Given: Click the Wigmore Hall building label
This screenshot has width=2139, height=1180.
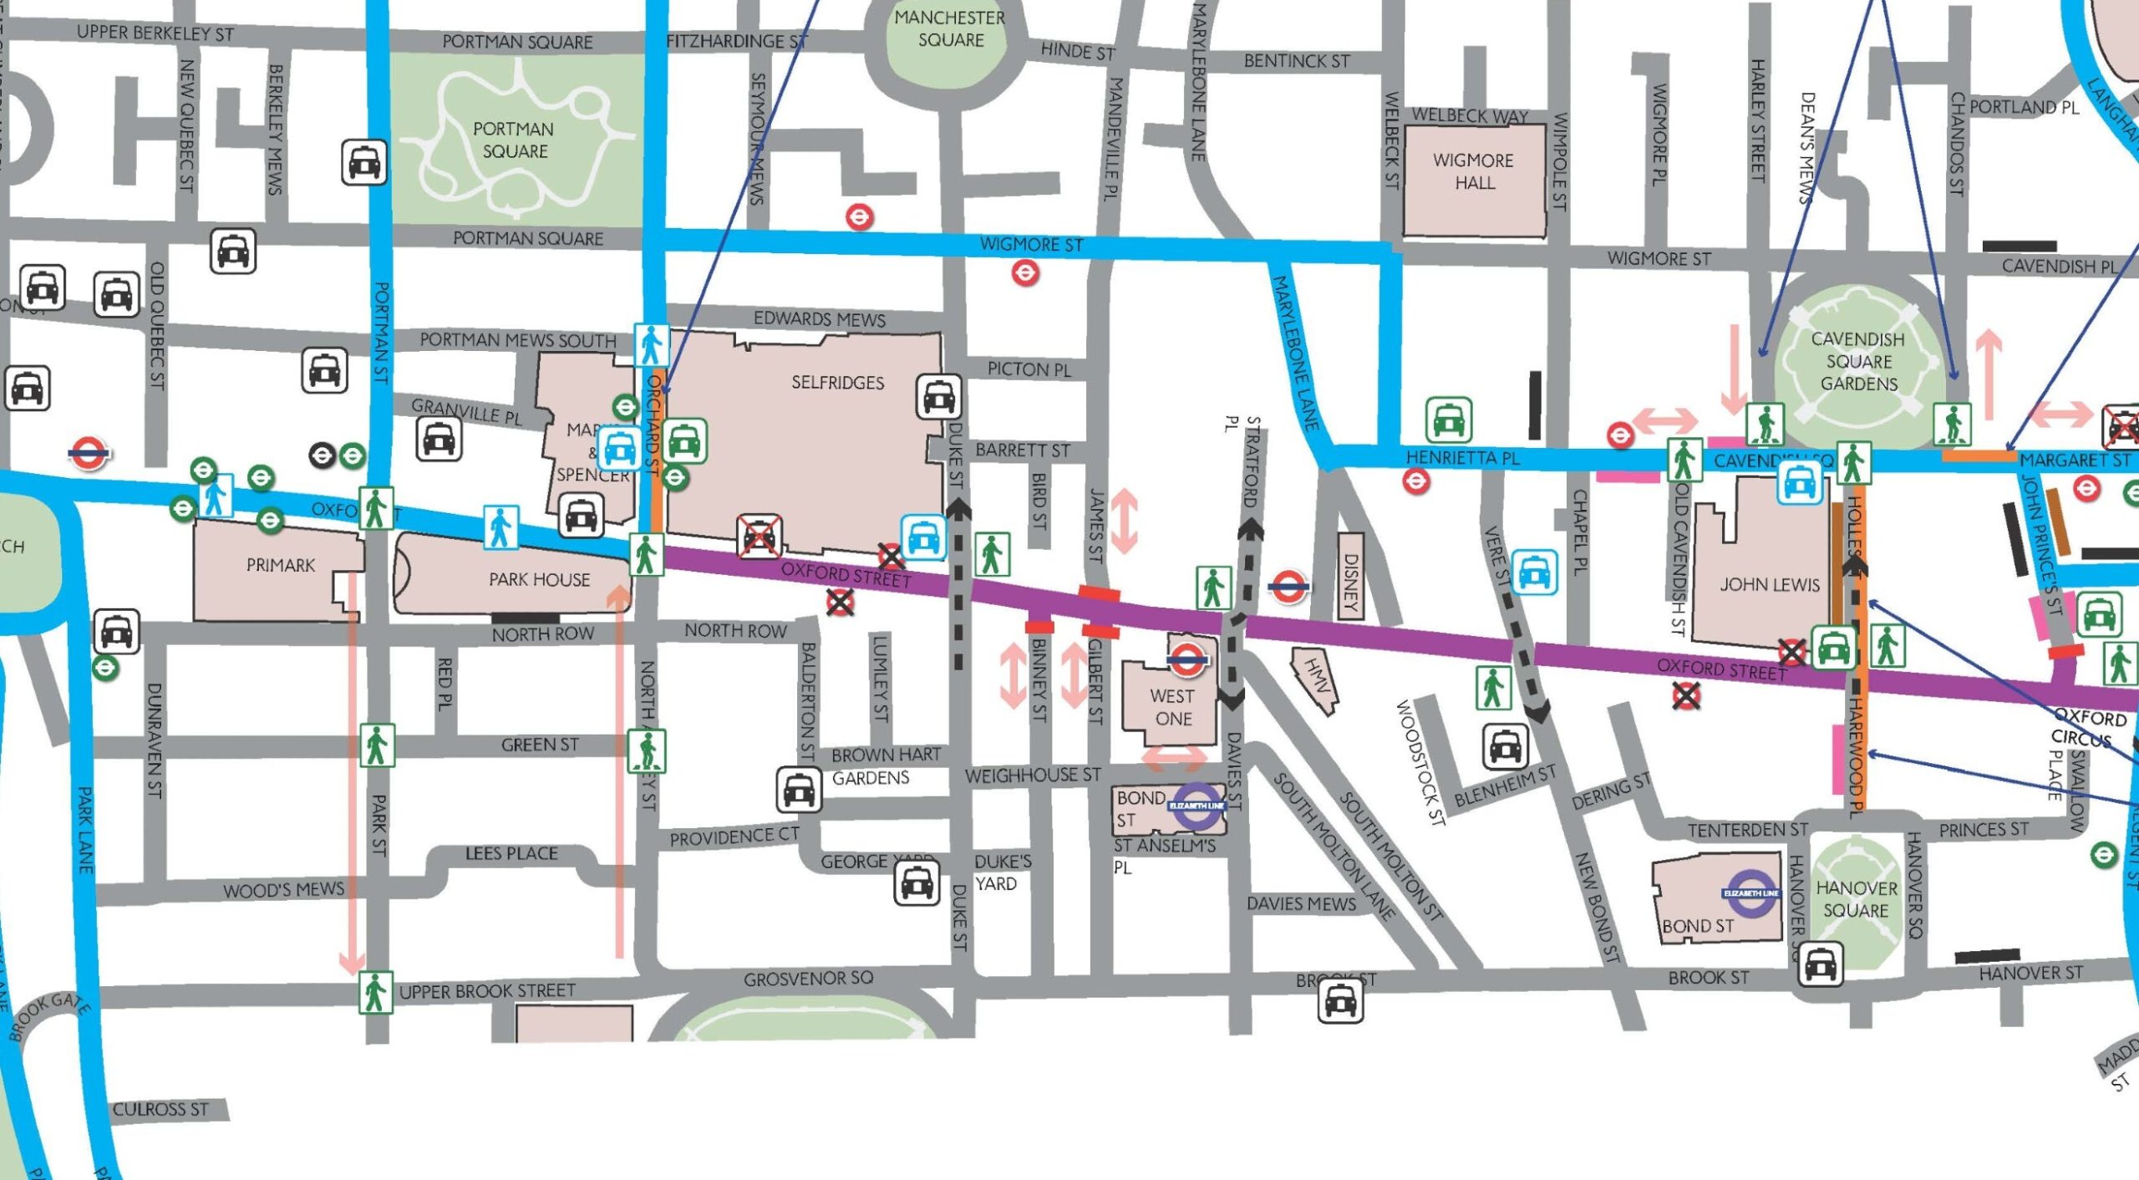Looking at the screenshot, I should pyautogui.click(x=1474, y=171).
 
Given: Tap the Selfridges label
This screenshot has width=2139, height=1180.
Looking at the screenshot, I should pyautogui.click(x=837, y=383).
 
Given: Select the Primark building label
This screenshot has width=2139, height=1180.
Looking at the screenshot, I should pyautogui.click(x=281, y=566).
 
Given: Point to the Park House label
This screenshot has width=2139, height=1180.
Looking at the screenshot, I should pyautogui.click(x=539, y=579).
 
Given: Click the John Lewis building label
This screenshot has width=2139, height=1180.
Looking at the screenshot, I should pyautogui.click(x=1769, y=585).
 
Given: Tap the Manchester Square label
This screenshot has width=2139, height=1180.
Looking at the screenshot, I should pyautogui.click(x=950, y=28).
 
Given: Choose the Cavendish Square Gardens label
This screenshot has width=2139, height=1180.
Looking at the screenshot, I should pyautogui.click(x=1858, y=361).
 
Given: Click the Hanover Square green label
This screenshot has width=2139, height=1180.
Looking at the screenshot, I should pyautogui.click(x=1856, y=899).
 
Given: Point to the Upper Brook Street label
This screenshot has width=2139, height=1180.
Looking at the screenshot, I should pyautogui.click(x=487, y=991).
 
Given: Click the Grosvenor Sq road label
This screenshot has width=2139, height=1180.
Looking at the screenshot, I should pyautogui.click(x=808, y=978).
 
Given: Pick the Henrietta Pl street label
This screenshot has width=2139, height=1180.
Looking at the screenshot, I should pyautogui.click(x=1462, y=458).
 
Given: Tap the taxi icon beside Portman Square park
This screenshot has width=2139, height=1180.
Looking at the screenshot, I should pyautogui.click(x=364, y=162).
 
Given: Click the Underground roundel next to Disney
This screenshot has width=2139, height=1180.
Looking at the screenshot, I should pyautogui.click(x=1288, y=587).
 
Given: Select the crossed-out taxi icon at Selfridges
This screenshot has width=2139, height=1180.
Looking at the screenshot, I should pyautogui.click(x=759, y=537).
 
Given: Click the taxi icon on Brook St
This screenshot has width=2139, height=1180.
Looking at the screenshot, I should pyautogui.click(x=1340, y=999).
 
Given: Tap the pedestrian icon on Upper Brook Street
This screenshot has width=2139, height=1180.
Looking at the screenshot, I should pyautogui.click(x=375, y=993).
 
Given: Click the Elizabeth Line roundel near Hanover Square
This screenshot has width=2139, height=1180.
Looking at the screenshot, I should pyautogui.click(x=1751, y=893).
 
